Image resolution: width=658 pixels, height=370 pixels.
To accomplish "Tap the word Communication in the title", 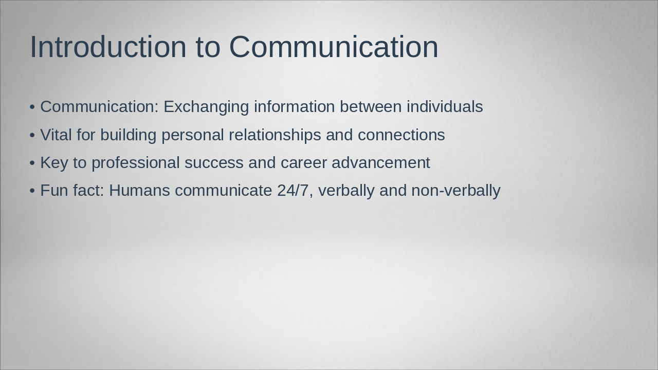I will point(334,47).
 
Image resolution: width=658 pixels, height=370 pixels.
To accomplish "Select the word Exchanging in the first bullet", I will point(206,107).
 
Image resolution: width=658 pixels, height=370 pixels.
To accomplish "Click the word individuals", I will point(445,107).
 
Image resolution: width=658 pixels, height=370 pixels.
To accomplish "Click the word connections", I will point(401,135).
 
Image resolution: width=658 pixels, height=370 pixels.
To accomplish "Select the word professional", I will point(136,163).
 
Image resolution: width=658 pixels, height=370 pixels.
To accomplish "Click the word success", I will point(214,163).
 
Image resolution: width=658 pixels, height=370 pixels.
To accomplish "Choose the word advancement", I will point(381,163).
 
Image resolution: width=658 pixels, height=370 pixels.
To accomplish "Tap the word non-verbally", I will point(455,191).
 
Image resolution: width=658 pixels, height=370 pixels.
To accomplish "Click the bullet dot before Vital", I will point(32,135).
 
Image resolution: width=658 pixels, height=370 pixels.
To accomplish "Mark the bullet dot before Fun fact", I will point(32,191).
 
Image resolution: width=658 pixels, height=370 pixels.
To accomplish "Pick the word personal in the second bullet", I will point(193,135).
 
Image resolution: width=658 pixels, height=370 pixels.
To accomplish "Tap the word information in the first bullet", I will point(294,107).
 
